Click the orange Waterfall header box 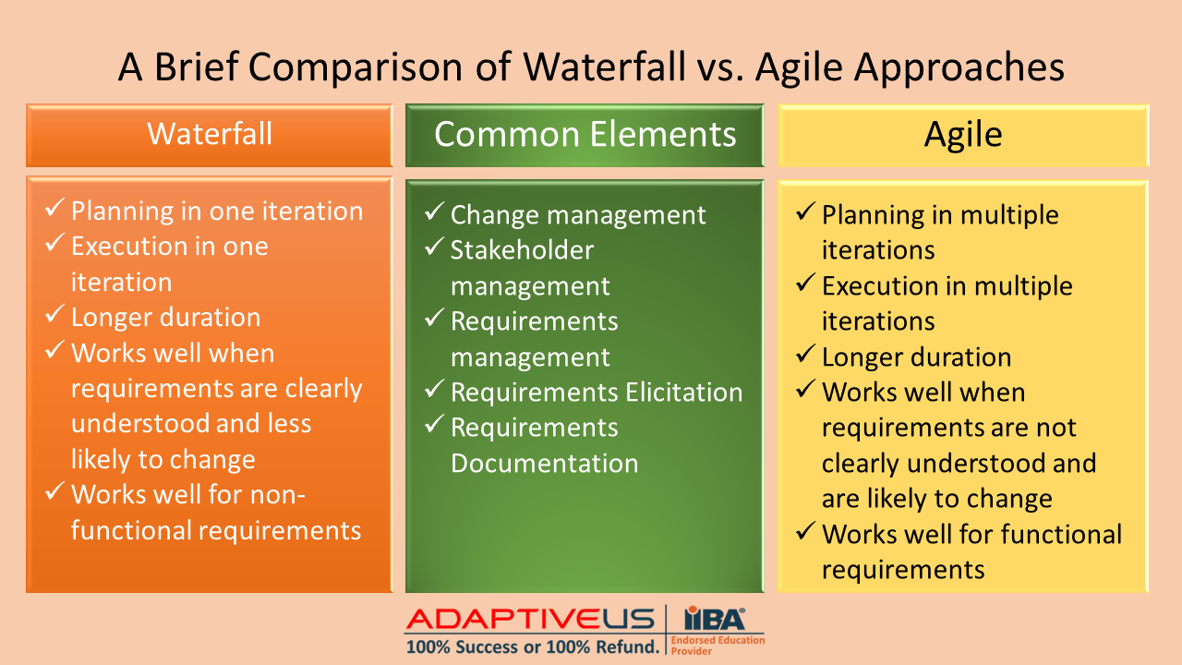click(210, 136)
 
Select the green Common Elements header click(585, 136)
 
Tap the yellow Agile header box click(963, 136)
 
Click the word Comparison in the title click(356, 68)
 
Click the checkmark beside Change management click(434, 212)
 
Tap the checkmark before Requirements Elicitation click(434, 389)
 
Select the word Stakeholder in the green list click(522, 249)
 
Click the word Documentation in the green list click(544, 463)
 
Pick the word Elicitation click(684, 392)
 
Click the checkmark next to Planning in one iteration click(54, 208)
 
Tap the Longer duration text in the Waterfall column click(165, 317)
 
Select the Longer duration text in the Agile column click(917, 357)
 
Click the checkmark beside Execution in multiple click(805, 283)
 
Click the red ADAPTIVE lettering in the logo click(503, 619)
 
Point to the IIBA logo click(715, 618)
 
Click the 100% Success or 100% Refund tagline click(533, 647)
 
